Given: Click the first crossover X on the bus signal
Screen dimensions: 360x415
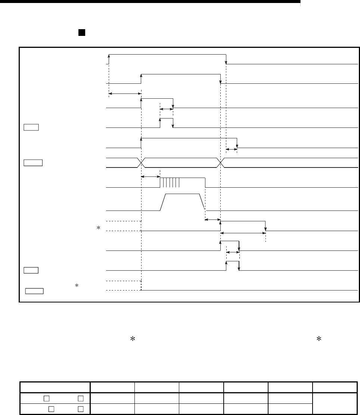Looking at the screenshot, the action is click(141, 162).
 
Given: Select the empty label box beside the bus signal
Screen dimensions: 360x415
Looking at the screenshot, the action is click(33, 162).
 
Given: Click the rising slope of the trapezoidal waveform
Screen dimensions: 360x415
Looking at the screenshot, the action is click(164, 202).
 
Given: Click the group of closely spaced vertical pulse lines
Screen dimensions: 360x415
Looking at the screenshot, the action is click(170, 182).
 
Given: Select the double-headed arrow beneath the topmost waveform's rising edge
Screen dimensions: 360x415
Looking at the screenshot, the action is click(125, 94).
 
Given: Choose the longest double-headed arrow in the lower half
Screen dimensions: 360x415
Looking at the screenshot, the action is click(243, 233).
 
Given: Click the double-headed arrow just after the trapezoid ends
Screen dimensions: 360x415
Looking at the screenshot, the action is click(213, 219).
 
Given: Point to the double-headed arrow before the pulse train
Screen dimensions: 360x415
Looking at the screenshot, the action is click(150, 176).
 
